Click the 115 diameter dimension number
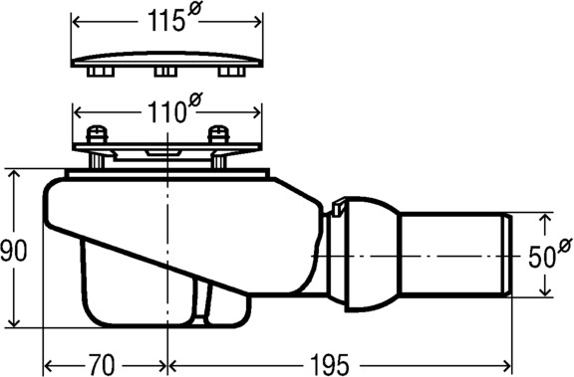click(x=165, y=21)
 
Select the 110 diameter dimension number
click(x=165, y=112)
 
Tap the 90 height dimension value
click(x=14, y=251)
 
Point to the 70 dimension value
click(x=102, y=364)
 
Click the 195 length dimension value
click(x=330, y=364)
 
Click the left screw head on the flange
click(x=97, y=134)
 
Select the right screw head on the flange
click(x=218, y=134)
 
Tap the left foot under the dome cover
click(x=101, y=72)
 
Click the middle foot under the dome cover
click(x=165, y=72)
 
